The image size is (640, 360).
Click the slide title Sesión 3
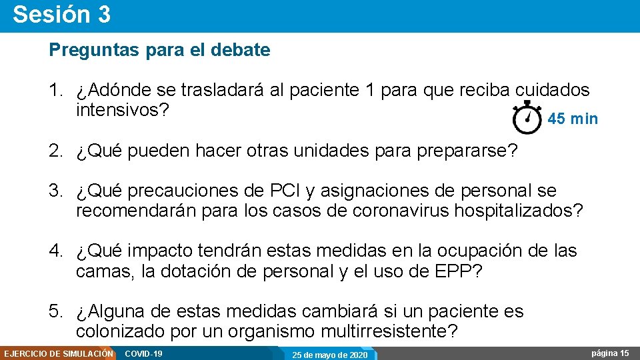click(x=61, y=15)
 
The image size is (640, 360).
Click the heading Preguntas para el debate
click(x=159, y=50)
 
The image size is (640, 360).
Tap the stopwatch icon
click(x=527, y=118)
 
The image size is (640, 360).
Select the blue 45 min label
click(x=573, y=119)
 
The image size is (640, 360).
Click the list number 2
click(x=55, y=151)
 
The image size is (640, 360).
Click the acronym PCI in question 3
click(x=284, y=191)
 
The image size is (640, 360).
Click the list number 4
click(x=55, y=251)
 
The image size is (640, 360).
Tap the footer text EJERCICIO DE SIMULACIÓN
click(x=58, y=353)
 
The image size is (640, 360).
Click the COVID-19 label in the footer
click(x=144, y=353)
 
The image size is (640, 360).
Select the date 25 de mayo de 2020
click(x=330, y=355)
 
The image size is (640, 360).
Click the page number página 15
click(x=610, y=353)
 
